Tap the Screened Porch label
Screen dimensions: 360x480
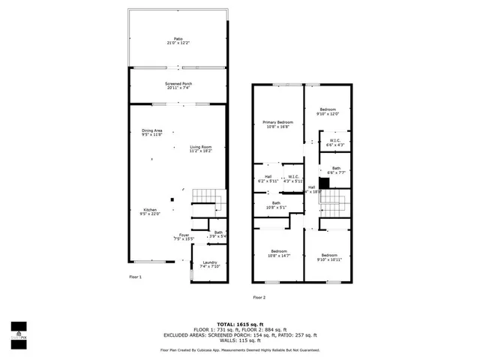click(178, 85)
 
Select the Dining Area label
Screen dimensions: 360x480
click(152, 133)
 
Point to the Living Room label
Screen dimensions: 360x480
click(200, 148)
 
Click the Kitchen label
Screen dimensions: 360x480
click(150, 211)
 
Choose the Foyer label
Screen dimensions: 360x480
click(184, 237)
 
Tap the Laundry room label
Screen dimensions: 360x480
click(209, 264)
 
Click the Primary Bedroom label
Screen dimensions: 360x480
click(277, 124)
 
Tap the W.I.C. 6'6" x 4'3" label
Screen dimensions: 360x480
click(335, 142)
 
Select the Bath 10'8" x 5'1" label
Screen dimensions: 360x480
click(277, 205)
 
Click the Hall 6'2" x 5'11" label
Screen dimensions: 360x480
click(268, 179)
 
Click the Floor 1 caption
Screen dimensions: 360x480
click(136, 277)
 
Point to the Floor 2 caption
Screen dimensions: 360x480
click(259, 297)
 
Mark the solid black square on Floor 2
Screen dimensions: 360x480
click(324, 182)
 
